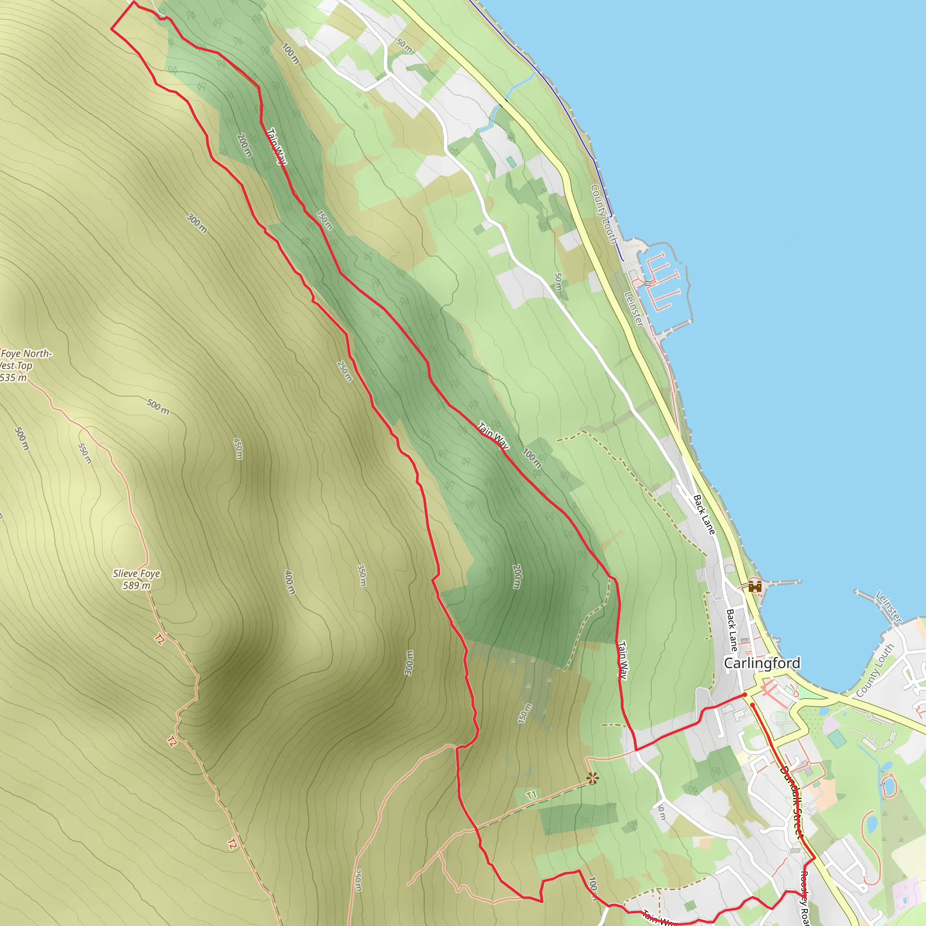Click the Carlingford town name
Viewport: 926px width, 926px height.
[761, 663]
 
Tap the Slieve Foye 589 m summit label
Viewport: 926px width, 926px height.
[137, 579]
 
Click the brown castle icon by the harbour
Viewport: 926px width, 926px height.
[755, 586]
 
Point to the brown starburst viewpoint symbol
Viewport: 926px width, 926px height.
[593, 779]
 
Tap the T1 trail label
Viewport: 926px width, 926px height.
[531, 796]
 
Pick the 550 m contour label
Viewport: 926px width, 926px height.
[85, 453]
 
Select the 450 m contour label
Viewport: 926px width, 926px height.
[238, 448]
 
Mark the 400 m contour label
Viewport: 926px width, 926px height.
[290, 582]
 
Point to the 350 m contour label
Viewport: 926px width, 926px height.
[362, 575]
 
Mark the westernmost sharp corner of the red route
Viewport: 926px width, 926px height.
[112, 29]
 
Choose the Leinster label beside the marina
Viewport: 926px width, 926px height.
[633, 309]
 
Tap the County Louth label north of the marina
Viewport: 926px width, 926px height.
[604, 214]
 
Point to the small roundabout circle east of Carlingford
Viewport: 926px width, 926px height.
[869, 716]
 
